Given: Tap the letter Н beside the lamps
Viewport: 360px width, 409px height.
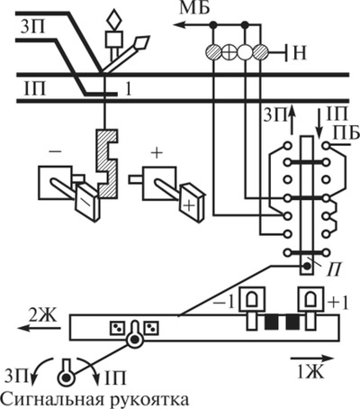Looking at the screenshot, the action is click(x=300, y=53).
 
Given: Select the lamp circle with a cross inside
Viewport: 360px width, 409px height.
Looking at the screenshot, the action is click(x=229, y=53).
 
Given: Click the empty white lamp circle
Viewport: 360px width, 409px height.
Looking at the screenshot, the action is click(x=245, y=53).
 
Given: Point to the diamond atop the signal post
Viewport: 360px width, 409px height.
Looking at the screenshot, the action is click(x=114, y=19).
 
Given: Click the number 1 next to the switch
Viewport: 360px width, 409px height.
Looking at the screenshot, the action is click(x=128, y=90).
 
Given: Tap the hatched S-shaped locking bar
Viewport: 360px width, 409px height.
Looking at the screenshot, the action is click(x=106, y=164).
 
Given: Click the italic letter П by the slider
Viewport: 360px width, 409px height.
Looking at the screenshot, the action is click(x=335, y=269).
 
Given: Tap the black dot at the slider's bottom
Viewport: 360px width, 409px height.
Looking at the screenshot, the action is click(x=307, y=266).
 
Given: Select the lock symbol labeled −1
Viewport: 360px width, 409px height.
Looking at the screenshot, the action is click(x=252, y=299).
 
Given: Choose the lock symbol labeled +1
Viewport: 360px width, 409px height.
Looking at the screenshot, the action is click(x=310, y=299).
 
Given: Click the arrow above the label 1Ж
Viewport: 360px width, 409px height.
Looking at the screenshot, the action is click(x=312, y=359).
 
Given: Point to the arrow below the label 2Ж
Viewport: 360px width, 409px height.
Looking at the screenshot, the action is click(x=39, y=328).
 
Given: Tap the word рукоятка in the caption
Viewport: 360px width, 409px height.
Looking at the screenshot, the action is click(x=150, y=400).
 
